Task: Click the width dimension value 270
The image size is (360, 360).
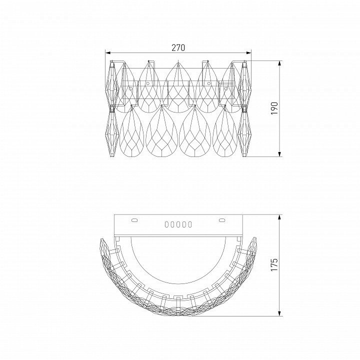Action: pos(178,48)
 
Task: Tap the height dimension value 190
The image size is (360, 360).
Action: pos(275,108)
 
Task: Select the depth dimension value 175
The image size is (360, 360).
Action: pos(274,264)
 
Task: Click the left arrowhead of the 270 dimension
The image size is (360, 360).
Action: pos(108,53)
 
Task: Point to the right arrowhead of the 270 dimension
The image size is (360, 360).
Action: pos(248,53)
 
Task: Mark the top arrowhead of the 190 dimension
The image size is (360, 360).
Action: pos(279,63)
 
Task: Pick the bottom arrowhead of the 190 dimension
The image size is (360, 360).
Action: pos(279,154)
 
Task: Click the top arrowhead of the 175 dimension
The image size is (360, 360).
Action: pos(279,217)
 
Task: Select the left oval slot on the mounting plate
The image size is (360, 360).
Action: pos(134,220)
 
